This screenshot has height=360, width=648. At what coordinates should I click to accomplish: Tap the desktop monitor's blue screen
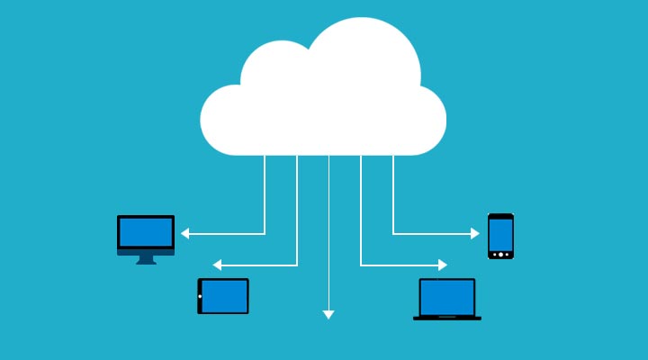tap(146, 232)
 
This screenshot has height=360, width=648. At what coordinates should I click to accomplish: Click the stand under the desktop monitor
tap(146, 259)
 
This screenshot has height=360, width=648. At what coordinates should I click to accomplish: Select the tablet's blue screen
tap(225, 296)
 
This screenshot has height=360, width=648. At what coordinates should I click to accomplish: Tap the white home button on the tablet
tap(200, 296)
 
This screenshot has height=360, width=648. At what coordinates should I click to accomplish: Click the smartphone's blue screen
tap(500, 235)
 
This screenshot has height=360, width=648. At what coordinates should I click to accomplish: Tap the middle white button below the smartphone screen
tap(500, 255)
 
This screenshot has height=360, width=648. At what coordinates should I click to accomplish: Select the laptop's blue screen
tap(447, 297)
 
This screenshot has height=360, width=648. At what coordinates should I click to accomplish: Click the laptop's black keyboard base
tap(447, 318)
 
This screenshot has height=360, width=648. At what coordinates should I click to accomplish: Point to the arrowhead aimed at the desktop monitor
tap(184, 233)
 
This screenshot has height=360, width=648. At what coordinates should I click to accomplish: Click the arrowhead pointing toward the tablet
tap(217, 265)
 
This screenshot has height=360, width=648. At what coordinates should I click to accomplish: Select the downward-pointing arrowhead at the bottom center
tap(328, 314)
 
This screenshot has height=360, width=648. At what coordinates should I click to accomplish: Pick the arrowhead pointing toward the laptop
tap(442, 265)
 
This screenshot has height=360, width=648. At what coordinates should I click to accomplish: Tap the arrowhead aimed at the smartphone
tap(475, 233)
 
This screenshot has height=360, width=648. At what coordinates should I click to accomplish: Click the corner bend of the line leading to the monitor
tap(265, 233)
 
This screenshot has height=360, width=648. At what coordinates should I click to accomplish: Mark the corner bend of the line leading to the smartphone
tap(393, 233)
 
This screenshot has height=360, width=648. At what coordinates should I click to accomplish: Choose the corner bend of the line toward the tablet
tap(297, 265)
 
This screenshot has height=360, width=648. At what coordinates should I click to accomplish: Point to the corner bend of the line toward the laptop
tap(361, 265)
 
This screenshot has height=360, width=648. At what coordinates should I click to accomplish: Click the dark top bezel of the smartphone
tap(500, 216)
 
